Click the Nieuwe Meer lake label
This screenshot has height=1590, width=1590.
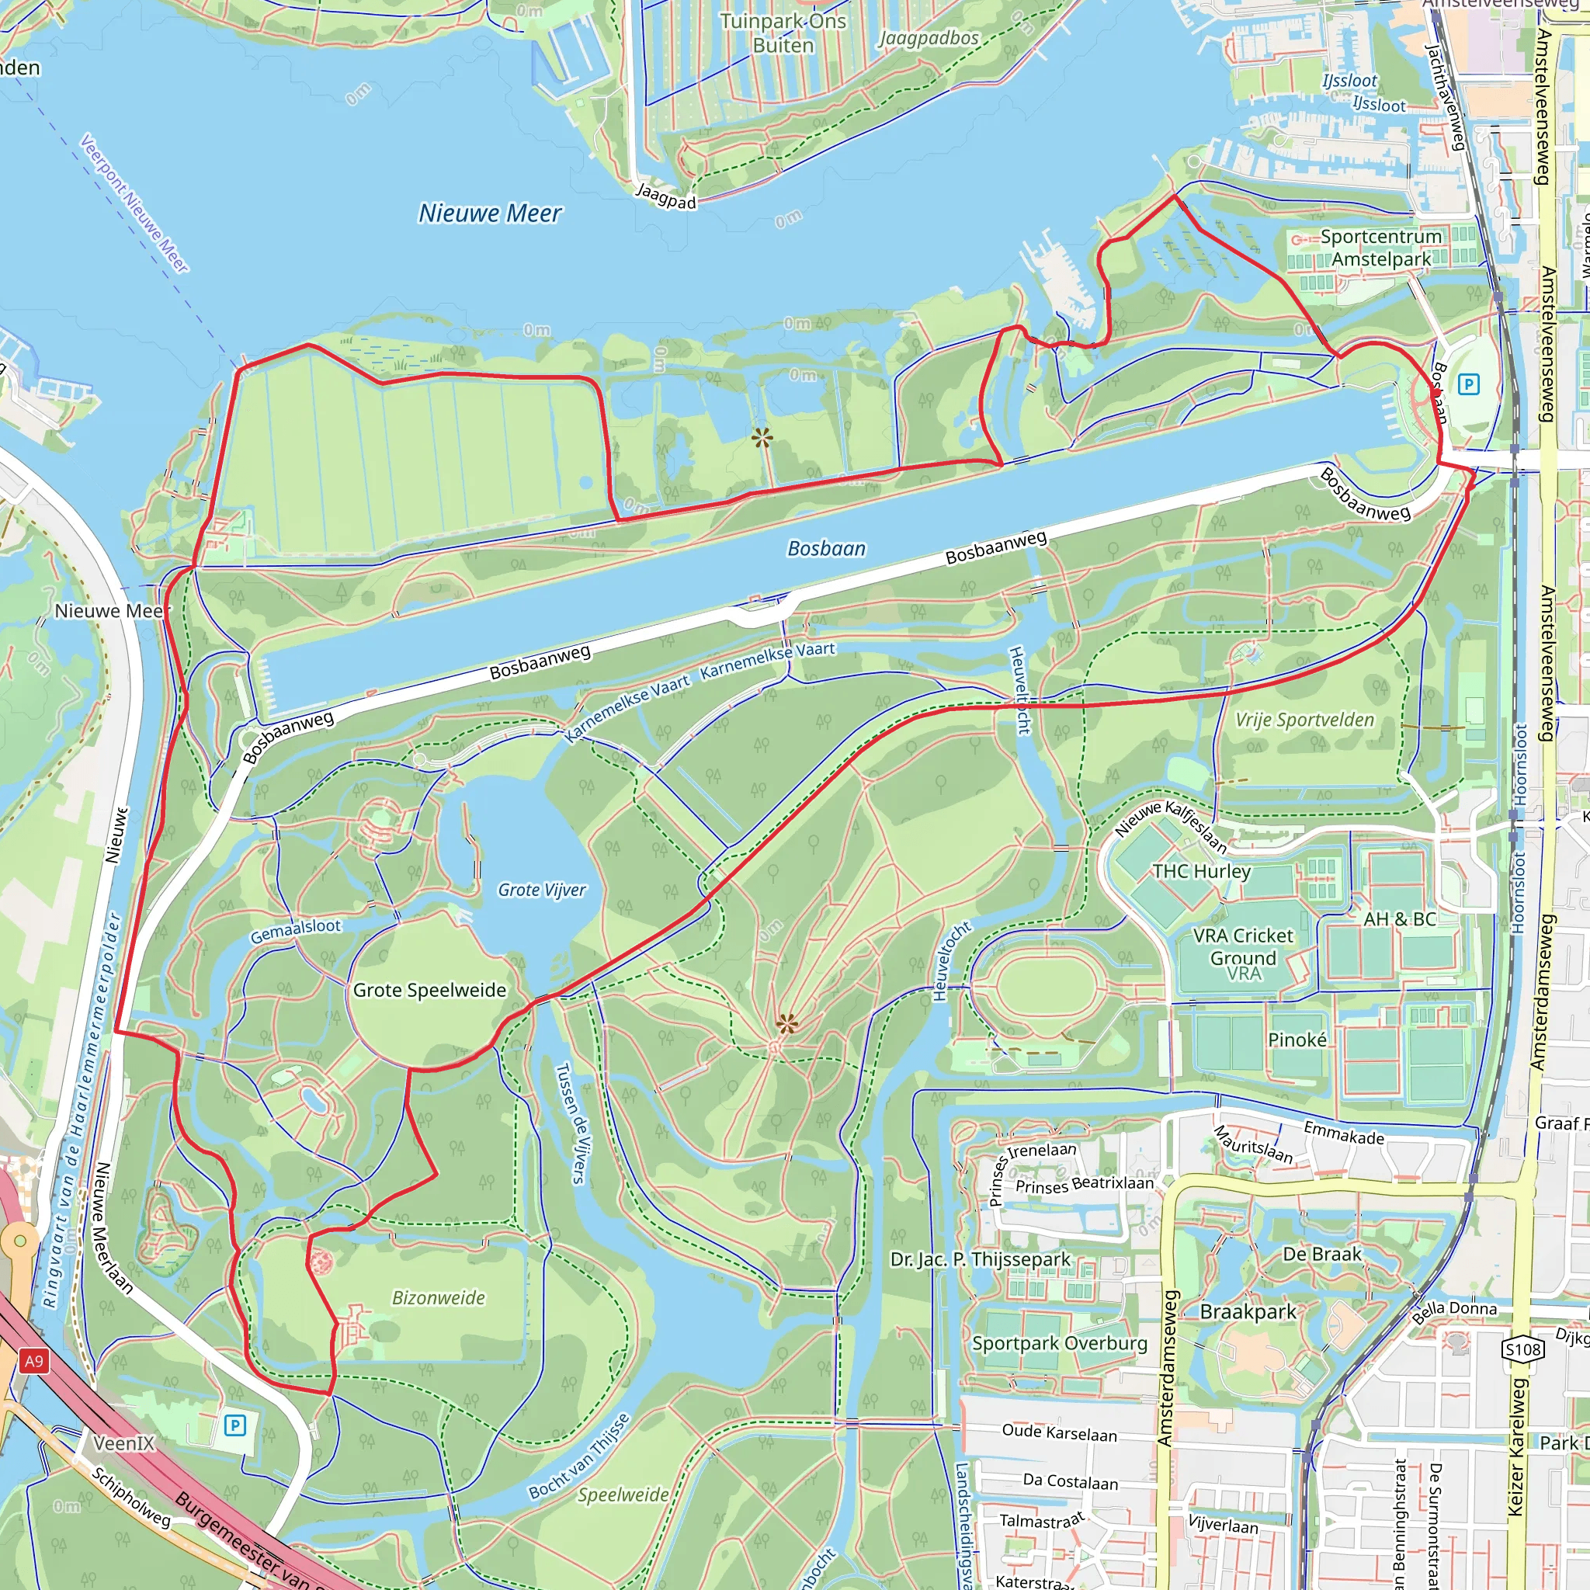(x=490, y=214)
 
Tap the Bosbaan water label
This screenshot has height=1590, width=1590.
(x=826, y=549)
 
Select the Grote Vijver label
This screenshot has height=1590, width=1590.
(x=542, y=890)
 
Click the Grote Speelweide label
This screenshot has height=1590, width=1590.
(x=429, y=990)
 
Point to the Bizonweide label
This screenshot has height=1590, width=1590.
(x=438, y=1298)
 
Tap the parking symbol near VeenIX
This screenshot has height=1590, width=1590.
(x=235, y=1425)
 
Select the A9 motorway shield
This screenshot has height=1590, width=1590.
(x=33, y=1360)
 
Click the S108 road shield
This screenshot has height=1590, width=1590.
(x=1522, y=1349)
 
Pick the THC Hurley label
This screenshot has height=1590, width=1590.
(x=1201, y=871)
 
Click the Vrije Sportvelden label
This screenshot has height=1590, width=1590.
(x=1304, y=720)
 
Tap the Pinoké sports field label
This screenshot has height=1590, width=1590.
(x=1297, y=1040)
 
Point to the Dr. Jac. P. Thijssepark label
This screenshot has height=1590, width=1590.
(x=981, y=1259)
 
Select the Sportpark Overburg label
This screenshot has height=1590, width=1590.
(x=1059, y=1343)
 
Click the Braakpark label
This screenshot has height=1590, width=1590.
(x=1248, y=1312)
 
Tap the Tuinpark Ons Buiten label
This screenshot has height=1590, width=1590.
(x=783, y=33)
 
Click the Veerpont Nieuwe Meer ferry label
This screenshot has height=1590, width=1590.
(x=134, y=203)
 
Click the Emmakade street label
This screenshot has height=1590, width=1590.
(x=1344, y=1134)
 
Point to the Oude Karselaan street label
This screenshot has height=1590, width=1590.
(x=1059, y=1433)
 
